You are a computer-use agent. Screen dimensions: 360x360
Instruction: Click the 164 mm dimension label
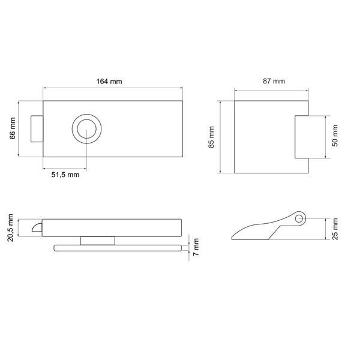109,82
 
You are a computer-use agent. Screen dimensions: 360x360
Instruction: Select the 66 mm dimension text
12,128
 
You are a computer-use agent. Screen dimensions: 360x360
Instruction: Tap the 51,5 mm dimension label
65,175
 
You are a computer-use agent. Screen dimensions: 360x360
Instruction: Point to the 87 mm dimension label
274,81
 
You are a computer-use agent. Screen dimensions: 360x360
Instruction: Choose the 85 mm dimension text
211,137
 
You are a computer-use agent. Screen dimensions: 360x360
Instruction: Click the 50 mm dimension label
335,136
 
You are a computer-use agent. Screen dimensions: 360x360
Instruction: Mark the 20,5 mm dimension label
11,227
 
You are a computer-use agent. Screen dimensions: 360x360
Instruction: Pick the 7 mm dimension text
196,247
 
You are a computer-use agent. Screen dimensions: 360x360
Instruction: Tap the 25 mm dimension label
335,229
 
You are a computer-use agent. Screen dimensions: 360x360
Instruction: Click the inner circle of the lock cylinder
86,129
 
